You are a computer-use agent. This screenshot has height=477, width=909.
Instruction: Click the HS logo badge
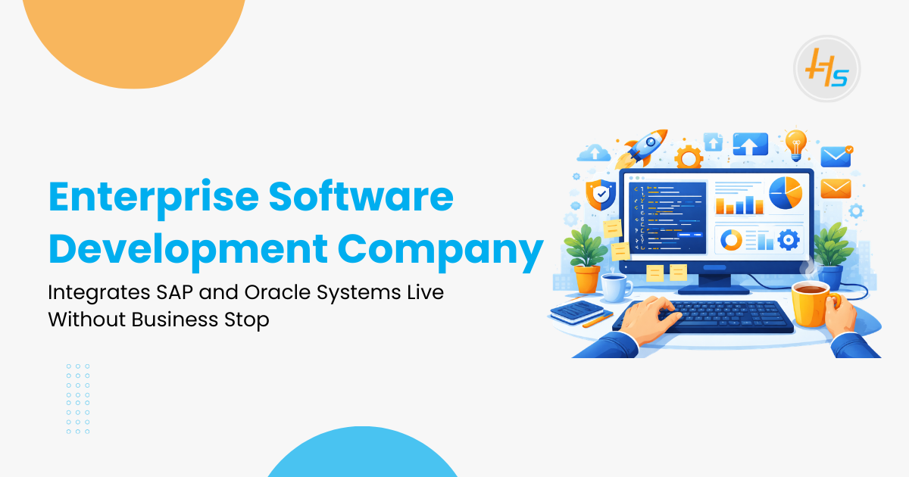tap(826, 69)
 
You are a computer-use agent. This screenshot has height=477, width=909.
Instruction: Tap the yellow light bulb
tap(795, 143)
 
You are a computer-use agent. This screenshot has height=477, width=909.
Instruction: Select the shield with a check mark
tap(599, 195)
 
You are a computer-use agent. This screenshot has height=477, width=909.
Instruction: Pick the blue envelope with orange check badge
tap(836, 157)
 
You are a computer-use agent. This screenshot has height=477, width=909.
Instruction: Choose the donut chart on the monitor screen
tap(731, 240)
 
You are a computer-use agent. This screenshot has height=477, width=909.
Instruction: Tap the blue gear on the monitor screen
tap(788, 240)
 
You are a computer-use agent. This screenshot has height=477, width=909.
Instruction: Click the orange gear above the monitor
tap(689, 157)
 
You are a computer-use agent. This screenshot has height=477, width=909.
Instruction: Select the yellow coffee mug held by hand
tap(811, 304)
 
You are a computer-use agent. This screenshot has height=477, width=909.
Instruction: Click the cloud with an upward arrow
tap(594, 154)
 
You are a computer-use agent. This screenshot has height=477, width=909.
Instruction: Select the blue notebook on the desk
tap(576, 310)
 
